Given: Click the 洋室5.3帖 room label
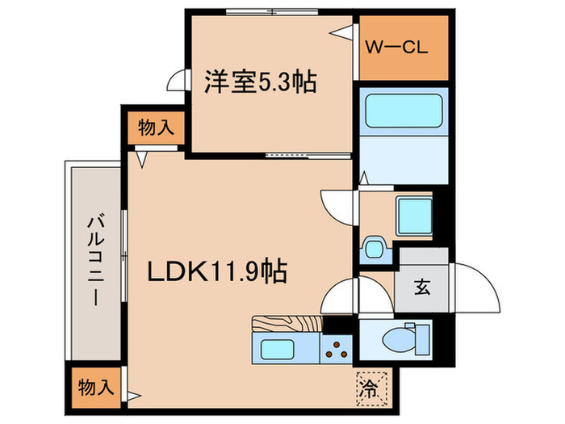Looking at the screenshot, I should coord(258,81).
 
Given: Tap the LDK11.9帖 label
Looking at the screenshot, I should coord(218,272).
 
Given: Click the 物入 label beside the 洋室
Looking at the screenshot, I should coord(153,127).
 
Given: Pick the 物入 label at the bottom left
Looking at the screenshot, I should coord(97,387).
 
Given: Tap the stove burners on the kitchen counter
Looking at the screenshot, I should coord(334,351).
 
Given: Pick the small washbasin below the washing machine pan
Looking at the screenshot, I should coord(374,246).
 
